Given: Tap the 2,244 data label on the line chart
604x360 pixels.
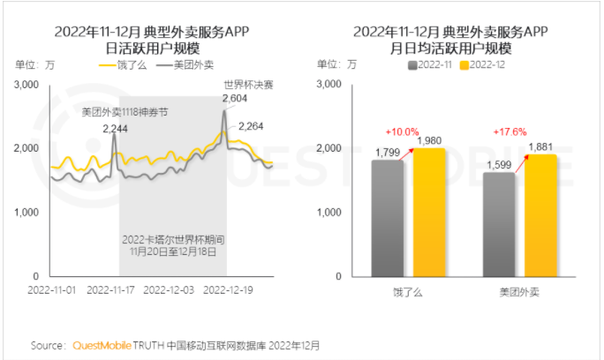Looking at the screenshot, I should coord(115,129).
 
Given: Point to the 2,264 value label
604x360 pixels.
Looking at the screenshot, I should coord(252,125).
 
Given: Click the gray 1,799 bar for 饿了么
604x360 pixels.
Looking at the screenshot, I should coord(387,218).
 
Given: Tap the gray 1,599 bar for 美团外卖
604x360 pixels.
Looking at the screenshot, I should coord(500,224).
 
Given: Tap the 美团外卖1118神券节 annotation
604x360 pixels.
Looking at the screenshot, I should coord(124,112).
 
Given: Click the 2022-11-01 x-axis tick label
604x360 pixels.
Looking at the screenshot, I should coord(52,289).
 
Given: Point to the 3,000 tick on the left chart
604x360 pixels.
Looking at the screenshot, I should coord(29,85).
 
